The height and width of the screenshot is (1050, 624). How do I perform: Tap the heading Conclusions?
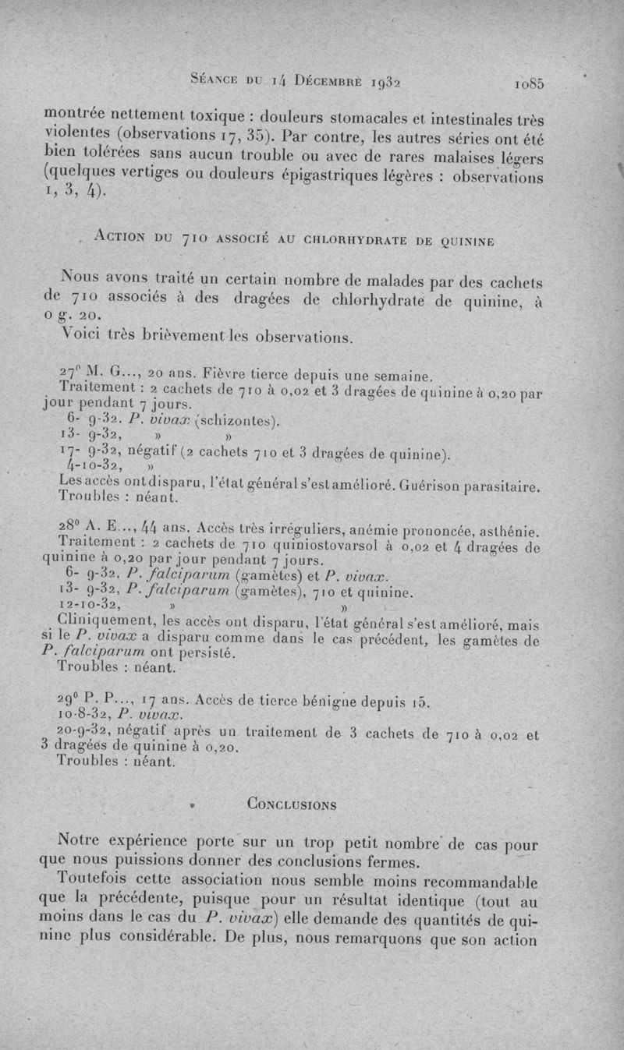coord(292,804)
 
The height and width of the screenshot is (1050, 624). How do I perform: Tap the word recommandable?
coord(487,883)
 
